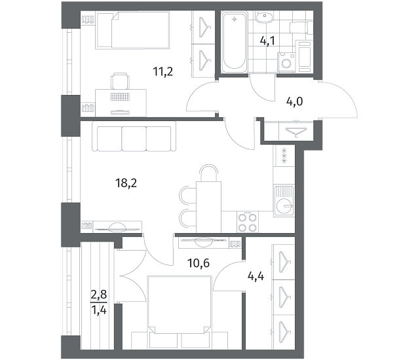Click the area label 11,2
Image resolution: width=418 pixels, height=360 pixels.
pyautogui.click(x=163, y=71)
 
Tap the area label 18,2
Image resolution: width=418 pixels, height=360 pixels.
pyautogui.click(x=126, y=183)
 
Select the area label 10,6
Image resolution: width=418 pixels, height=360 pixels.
pyautogui.click(x=199, y=263)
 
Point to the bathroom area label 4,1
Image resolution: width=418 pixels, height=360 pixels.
pyautogui.click(x=267, y=41)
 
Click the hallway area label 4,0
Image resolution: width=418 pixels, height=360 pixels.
pyautogui.click(x=294, y=101)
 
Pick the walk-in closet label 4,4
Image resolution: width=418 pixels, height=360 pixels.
pyautogui.click(x=256, y=276)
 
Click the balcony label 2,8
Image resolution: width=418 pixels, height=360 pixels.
pyautogui.click(x=99, y=295)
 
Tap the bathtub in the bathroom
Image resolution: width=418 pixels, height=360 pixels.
pyautogui.click(x=234, y=41)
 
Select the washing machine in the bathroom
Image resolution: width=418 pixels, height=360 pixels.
pyautogui.click(x=286, y=62)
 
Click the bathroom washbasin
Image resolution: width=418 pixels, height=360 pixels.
pyautogui.click(x=264, y=17)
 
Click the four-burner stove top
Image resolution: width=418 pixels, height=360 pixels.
pyautogui.click(x=248, y=222)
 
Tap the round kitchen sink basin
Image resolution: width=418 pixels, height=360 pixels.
pyautogui.click(x=284, y=206)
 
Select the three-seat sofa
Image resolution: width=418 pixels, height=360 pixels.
pyautogui.click(x=134, y=136)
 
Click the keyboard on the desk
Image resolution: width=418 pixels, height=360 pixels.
pyautogui.click(x=120, y=97)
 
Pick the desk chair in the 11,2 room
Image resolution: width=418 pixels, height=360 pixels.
pyautogui.click(x=121, y=81)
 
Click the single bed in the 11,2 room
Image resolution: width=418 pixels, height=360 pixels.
pyautogui.click(x=133, y=30)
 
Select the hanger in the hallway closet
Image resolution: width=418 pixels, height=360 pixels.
pyautogui.click(x=296, y=131)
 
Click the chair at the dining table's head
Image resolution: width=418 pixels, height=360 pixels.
pyautogui.click(x=209, y=173)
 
